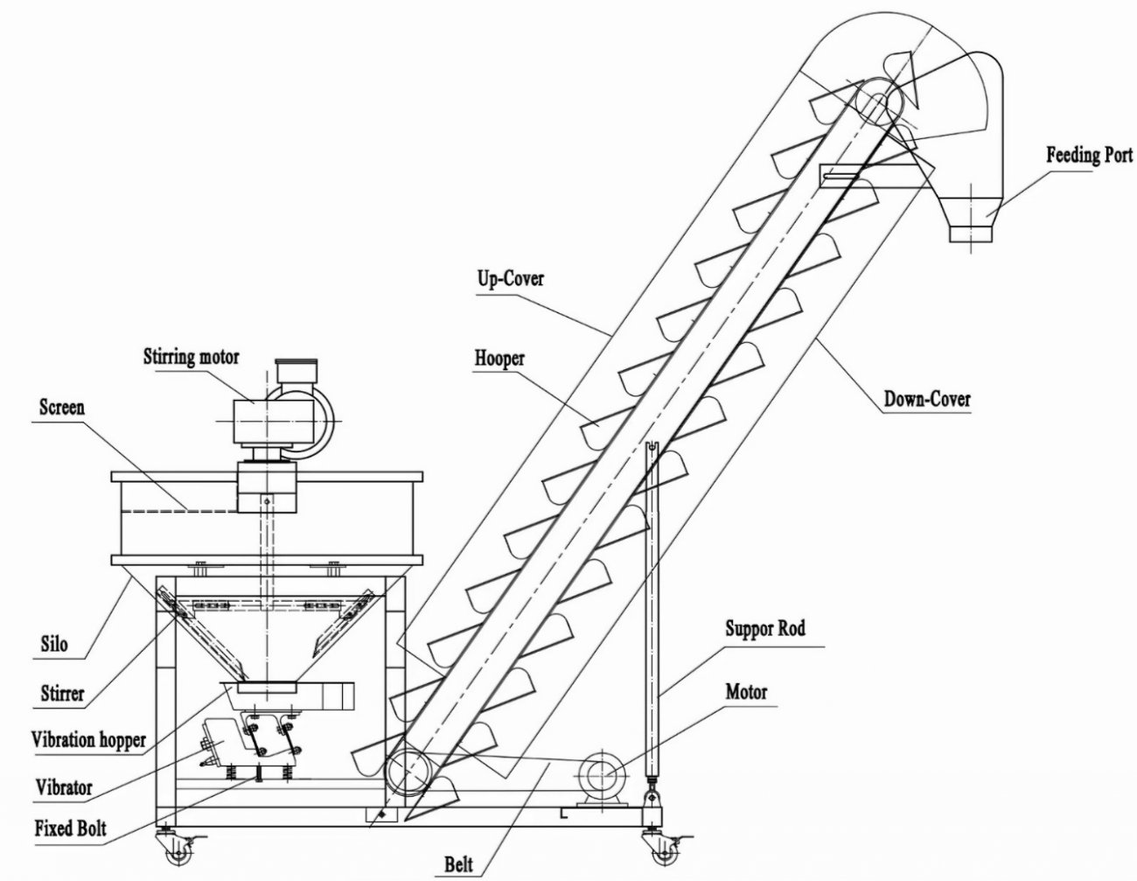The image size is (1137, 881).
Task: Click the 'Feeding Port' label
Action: click(x=1089, y=156)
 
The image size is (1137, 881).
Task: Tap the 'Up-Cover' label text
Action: click(x=510, y=278)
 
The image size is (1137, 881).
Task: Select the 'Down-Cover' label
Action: click(x=926, y=399)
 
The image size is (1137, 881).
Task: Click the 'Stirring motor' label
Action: click(x=192, y=357)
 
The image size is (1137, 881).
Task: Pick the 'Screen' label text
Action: click(x=62, y=408)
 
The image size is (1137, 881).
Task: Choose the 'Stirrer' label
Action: click(x=62, y=694)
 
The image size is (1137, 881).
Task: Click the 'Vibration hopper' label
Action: click(x=88, y=739)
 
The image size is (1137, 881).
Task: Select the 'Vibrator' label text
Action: click(x=63, y=786)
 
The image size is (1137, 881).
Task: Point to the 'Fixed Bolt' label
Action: click(x=71, y=827)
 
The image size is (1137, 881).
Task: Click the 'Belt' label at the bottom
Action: click(x=457, y=865)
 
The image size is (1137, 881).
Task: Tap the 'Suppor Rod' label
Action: click(x=765, y=628)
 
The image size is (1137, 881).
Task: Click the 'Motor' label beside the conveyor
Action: click(x=746, y=692)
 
